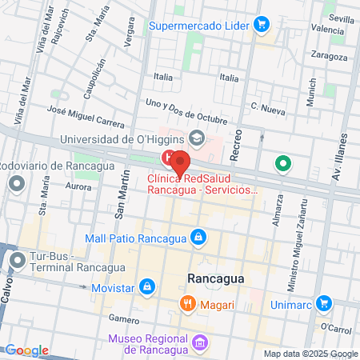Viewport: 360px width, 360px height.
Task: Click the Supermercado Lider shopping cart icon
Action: (261, 25)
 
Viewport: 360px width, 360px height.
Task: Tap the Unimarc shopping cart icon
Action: (323, 303)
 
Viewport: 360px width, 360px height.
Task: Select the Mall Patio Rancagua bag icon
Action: (197, 237)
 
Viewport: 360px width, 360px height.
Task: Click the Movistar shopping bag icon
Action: (146, 286)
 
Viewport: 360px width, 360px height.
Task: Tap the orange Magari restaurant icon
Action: (186, 302)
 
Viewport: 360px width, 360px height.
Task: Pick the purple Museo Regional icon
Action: (200, 344)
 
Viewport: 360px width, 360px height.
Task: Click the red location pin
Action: (181, 162)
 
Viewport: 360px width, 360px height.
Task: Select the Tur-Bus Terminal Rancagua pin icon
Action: (18, 260)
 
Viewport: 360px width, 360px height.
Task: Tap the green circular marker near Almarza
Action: (282, 166)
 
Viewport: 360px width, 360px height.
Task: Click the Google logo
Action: (27, 350)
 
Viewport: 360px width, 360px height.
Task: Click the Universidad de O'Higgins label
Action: (122, 139)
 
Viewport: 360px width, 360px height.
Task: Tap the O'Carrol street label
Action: (334, 328)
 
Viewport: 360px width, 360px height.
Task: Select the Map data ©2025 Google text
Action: (311, 354)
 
